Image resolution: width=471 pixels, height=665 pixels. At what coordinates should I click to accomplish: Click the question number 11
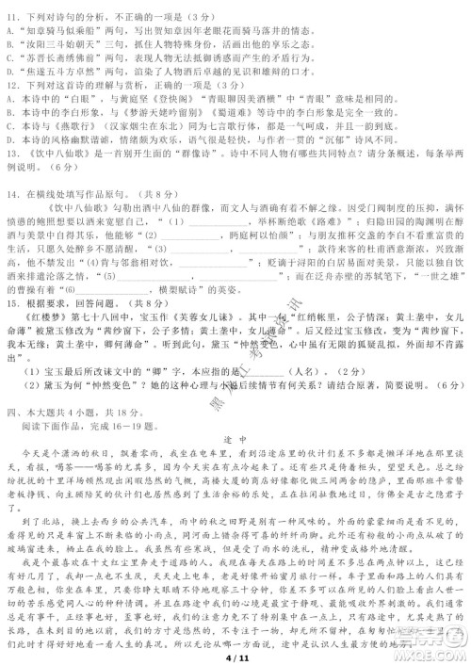[13, 16]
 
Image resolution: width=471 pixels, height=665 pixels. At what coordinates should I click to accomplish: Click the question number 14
[13, 193]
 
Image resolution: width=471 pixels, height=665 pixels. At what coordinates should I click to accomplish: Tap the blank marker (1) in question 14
[174, 221]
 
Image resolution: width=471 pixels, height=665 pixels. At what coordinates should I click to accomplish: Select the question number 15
[13, 304]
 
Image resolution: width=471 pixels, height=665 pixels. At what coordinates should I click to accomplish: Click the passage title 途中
[235, 440]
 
